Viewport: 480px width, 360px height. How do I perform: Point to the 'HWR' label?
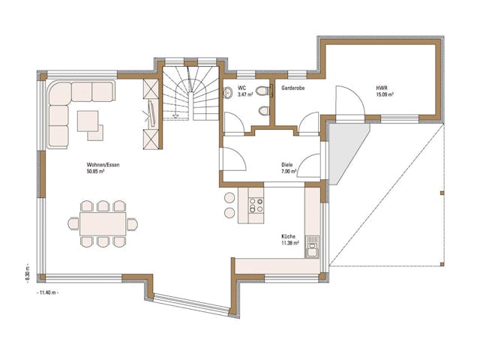coord(382,88)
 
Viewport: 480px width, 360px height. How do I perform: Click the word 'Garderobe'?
coord(292,88)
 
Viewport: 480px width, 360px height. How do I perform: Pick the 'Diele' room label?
coord(286,165)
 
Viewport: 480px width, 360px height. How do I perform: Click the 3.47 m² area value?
coord(236,95)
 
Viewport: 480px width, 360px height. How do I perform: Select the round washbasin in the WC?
coord(228,92)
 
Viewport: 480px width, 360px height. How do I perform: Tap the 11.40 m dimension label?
coord(46,292)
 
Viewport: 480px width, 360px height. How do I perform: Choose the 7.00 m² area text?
coord(288,172)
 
